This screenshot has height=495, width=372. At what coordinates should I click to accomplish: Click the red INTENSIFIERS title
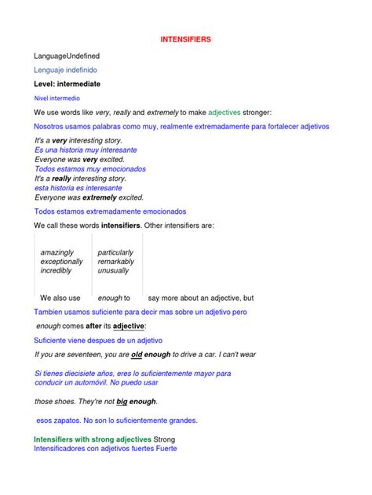pyautogui.click(x=185, y=38)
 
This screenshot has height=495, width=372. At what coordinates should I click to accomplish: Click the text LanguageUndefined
pyautogui.click(x=67, y=56)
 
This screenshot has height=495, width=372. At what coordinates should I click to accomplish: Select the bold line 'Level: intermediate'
pyautogui.click(x=67, y=84)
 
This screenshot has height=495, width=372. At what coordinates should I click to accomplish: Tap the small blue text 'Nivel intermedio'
pyautogui.click(x=57, y=99)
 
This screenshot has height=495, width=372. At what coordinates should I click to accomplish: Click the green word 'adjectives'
pyautogui.click(x=227, y=113)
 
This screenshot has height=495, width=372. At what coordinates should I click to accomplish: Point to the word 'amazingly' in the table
pyautogui.click(x=57, y=253)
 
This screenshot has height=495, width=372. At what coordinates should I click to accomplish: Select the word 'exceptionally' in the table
pyautogui.click(x=61, y=262)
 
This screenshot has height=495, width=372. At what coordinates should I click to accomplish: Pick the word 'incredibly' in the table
pyautogui.click(x=56, y=270)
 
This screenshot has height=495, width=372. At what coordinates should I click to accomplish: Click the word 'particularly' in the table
pyautogui.click(x=115, y=253)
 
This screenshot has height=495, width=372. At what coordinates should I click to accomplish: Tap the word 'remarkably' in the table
pyautogui.click(x=115, y=262)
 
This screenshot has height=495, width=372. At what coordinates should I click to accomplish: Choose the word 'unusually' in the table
pyautogui.click(x=113, y=270)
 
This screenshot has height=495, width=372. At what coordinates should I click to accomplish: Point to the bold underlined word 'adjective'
pyautogui.click(x=129, y=326)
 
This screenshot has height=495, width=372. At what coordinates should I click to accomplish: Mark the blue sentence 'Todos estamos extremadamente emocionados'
pyautogui.click(x=110, y=211)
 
